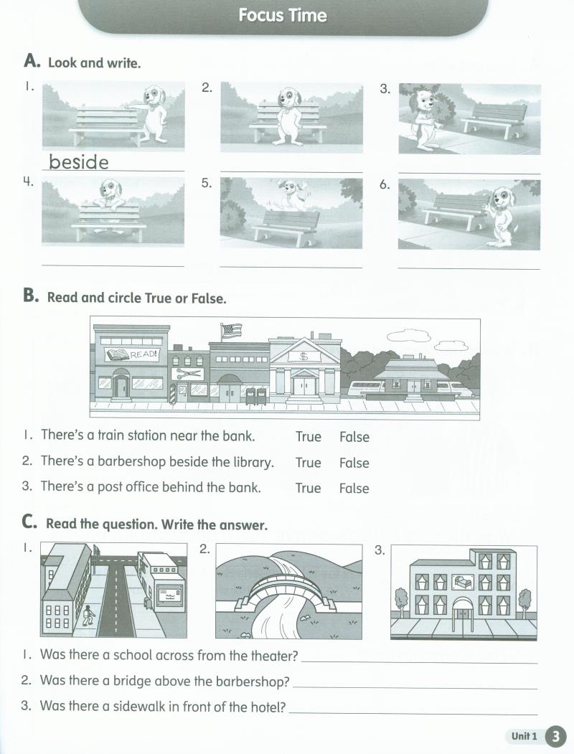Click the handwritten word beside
click(79, 161)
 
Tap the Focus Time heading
click(283, 16)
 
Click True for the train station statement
click(308, 437)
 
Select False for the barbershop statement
click(354, 463)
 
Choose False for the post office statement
click(354, 489)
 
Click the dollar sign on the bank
click(304, 356)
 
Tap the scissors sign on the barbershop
click(189, 374)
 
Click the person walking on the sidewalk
click(88, 615)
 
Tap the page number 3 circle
click(555, 736)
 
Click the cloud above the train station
click(408, 336)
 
